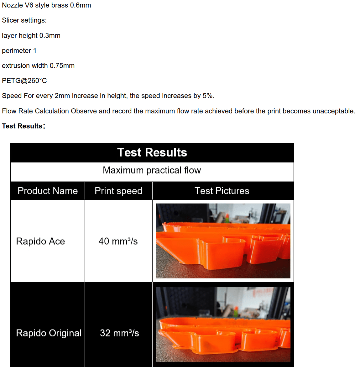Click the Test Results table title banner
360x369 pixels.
point(152,153)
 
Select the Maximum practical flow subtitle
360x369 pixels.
point(152,170)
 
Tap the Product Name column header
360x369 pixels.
point(48,191)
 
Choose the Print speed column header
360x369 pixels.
point(118,191)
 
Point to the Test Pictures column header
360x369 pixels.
point(222,191)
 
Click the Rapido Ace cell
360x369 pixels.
point(40,241)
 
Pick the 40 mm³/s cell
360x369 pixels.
point(118,241)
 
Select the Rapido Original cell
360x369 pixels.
point(49,333)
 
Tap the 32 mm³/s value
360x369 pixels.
point(119,333)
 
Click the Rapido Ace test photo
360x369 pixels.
point(223,241)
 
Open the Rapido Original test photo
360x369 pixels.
point(223,324)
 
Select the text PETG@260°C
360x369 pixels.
point(24,81)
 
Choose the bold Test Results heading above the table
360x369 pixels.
point(22,126)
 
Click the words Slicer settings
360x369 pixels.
point(24,20)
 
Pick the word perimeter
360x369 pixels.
point(16,50)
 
